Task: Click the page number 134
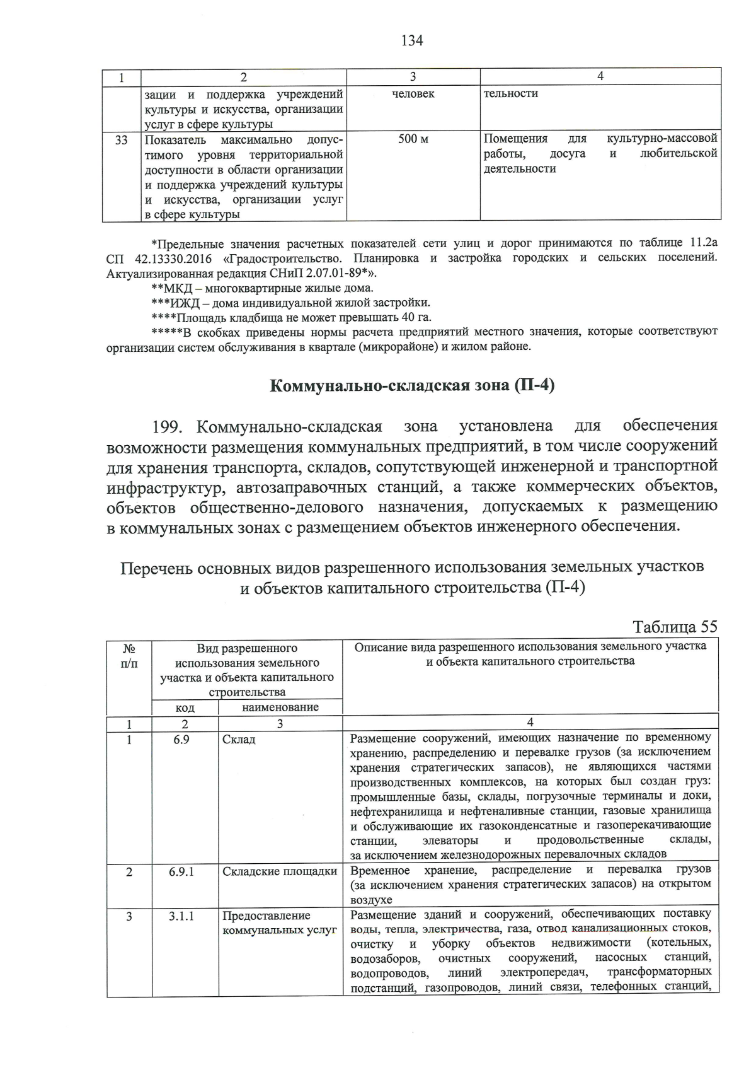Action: pos(412,41)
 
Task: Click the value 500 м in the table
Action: pos(413,139)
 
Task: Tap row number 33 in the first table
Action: pos(122,139)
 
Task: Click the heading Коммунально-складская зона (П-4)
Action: pos(412,385)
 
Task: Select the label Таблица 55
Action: pos(675,627)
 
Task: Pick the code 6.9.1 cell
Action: pos(181,871)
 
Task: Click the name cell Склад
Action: pos(239,739)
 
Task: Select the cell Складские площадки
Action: pos(280,871)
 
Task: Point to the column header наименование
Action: pos(280,707)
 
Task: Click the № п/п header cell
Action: pos(129,656)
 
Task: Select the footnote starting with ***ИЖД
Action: pos(290,303)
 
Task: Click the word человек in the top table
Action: pos(413,94)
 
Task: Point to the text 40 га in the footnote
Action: pos(416,317)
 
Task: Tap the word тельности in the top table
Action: pos(510,94)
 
